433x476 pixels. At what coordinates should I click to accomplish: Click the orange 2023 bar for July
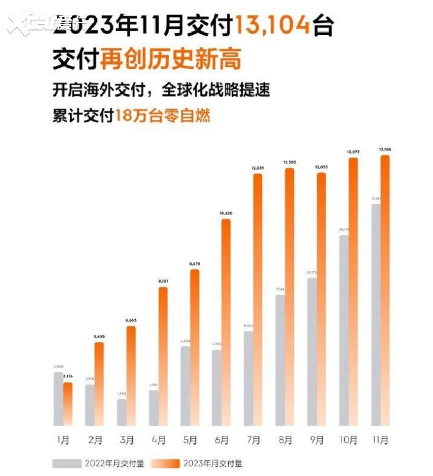tap(258, 300)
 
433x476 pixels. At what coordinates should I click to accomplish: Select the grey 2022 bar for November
tap(376, 315)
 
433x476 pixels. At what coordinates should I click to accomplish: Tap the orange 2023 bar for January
tap(68, 404)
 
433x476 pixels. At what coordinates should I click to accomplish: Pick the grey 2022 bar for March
tap(121, 412)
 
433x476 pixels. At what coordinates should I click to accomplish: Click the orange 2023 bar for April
tap(163, 356)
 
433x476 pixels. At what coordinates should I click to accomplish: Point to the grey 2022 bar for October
tap(344, 330)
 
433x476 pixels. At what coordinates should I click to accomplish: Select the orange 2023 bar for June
tap(226, 323)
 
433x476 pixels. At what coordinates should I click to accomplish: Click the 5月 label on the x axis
tap(190, 440)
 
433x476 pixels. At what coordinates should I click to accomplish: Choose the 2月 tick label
tap(95, 440)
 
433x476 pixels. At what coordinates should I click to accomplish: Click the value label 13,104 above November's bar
tap(385, 149)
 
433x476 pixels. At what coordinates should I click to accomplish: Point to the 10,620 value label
tap(226, 214)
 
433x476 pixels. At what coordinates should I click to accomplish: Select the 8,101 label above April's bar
tap(163, 281)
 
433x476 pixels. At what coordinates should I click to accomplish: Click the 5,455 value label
tap(100, 336)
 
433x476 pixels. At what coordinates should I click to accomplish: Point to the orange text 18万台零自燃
tap(163, 115)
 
